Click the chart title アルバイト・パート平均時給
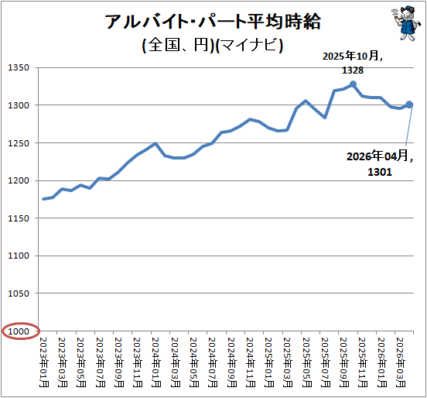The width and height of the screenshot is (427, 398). point(213,22)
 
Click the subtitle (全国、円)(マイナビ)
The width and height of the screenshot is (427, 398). point(213,45)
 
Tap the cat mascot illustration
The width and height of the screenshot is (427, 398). point(404,23)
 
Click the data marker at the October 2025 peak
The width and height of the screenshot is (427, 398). point(353,84)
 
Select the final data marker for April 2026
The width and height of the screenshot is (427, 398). point(409,105)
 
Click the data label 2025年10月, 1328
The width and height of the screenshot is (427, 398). point(353,63)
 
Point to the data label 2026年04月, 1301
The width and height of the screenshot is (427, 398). point(380,163)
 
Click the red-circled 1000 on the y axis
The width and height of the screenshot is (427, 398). point(19,331)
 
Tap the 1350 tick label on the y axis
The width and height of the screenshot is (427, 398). point(19,67)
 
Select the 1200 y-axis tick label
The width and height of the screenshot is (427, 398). point(19,180)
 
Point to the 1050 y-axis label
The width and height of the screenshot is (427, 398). point(19,293)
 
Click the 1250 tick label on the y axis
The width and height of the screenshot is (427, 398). point(19,142)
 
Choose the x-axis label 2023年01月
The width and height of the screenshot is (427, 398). point(44,362)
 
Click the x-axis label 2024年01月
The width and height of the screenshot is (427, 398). point(156,362)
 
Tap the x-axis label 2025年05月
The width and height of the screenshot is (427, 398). point(306,362)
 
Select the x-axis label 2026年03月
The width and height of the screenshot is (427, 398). point(401,362)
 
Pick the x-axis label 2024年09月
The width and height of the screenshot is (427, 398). point(231,362)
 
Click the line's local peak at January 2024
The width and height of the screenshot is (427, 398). point(155,143)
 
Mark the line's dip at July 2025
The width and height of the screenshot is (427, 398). point(325,118)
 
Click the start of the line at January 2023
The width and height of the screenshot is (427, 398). point(43,199)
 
